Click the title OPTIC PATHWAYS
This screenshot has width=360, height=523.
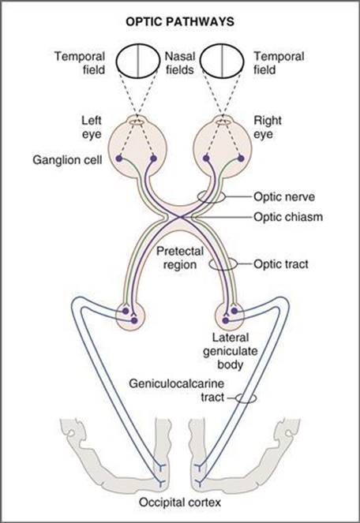coord(180,21)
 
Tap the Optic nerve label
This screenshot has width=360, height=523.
coord(284,196)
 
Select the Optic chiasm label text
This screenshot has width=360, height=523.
coord(288,217)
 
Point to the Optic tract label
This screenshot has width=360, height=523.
coord(281,264)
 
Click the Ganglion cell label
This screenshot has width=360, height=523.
coord(67,160)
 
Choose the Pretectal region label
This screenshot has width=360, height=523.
coord(180,258)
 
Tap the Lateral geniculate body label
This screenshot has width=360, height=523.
coord(231,351)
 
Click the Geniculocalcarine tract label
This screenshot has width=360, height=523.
coord(177,390)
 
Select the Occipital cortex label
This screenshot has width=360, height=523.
coord(180,502)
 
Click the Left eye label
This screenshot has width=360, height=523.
coord(92,127)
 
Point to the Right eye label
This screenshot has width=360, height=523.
coord(268,127)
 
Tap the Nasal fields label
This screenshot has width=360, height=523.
coord(180,62)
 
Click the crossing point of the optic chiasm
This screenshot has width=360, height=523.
coord(181,218)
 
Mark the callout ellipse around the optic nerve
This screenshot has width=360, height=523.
coord(197,196)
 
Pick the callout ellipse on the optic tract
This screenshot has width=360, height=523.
coord(209,263)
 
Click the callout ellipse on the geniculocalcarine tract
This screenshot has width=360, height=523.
coord(235,398)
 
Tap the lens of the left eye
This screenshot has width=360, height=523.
coord(129,122)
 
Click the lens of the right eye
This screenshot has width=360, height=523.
coord(216,122)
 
